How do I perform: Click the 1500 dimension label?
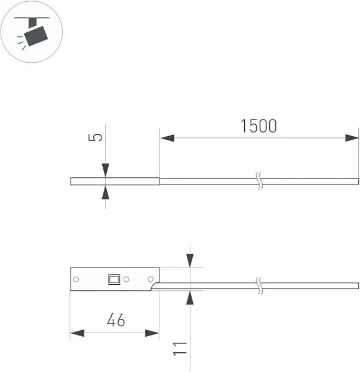(259, 126)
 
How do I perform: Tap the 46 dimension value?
(116, 320)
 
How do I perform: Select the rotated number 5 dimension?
(95, 137)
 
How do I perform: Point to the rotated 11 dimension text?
(180, 349)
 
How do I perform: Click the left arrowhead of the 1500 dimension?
(167, 138)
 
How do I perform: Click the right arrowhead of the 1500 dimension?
(352, 138)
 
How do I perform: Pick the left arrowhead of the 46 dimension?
(77, 333)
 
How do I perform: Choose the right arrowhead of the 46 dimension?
(152, 333)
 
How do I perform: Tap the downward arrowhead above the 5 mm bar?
(106, 170)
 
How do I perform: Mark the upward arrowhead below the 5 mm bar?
(106, 192)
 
